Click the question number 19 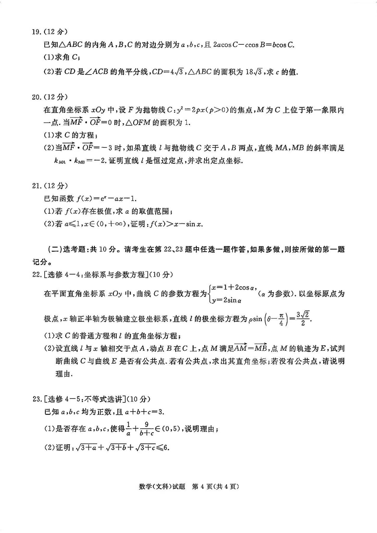[36, 32]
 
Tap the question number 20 [36, 97]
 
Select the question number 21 [36, 186]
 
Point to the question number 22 [36, 274]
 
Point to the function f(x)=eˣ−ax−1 [107, 199]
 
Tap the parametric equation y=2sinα [227, 300]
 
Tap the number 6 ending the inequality [167, 448]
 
